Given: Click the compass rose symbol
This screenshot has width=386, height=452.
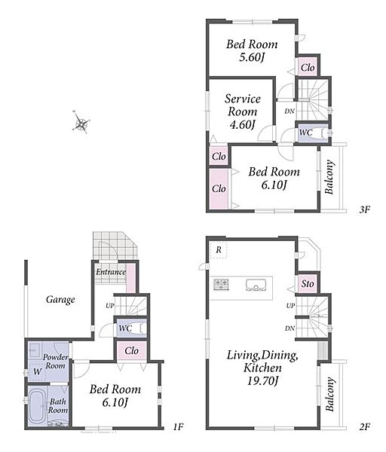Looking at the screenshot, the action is (81, 122).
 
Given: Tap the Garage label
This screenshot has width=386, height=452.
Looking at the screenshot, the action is (60, 300).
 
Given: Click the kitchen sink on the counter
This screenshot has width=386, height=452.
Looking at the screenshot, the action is (256, 285).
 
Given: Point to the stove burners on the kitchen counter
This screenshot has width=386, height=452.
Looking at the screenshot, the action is (222, 284).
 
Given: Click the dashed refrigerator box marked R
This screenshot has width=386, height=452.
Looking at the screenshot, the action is (219, 250).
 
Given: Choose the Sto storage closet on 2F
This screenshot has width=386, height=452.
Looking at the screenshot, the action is (308, 284).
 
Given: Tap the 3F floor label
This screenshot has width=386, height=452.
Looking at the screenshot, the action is (364, 209).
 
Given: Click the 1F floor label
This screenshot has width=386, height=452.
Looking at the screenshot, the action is (178, 426).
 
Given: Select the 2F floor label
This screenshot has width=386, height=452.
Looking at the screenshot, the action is (364, 426).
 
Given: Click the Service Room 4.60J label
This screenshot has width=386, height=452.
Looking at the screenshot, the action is (242, 111).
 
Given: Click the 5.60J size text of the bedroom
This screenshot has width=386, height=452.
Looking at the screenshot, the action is (252, 57).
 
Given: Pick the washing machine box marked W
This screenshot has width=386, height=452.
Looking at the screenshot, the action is (37, 372).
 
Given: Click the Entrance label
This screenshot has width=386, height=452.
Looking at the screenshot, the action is (111, 272).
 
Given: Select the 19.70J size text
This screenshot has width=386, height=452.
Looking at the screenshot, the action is (263, 380).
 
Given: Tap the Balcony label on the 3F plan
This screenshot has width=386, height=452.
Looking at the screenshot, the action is (329, 177).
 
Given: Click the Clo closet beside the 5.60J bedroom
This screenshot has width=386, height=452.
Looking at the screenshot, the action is (308, 68).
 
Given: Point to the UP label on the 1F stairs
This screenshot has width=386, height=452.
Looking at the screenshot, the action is (110, 306).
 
